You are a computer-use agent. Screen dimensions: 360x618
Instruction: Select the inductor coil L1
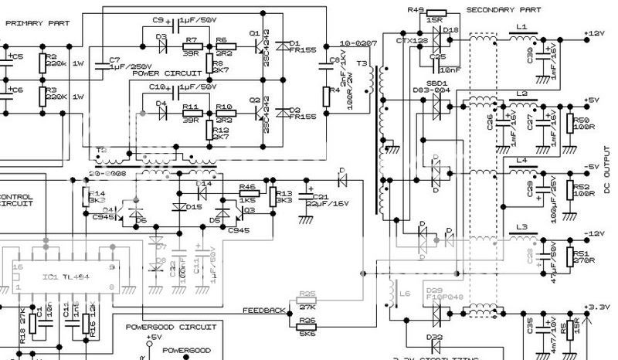(x=521, y=35)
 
